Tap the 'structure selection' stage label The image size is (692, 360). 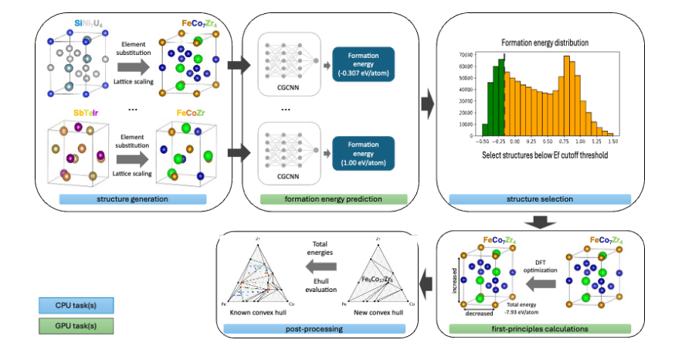[540, 199]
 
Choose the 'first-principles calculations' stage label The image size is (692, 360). [541, 329]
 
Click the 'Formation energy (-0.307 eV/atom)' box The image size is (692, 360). [363, 63]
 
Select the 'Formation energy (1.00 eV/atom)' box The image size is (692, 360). [363, 153]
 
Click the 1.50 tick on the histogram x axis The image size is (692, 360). [613, 142]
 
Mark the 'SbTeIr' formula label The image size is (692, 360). [89, 113]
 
